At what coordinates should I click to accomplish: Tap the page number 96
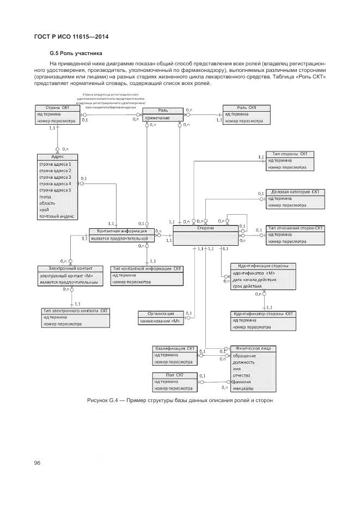coord(38,463)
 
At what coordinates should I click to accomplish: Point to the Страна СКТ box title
coord(57,108)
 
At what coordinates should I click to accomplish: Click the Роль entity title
coord(163,111)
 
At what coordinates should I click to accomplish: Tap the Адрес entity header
coord(58,156)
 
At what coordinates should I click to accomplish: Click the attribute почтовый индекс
coord(56,216)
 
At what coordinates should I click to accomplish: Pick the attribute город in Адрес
coord(45,197)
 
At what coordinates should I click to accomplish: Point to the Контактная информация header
coord(121,231)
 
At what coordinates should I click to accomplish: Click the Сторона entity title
coord(205,228)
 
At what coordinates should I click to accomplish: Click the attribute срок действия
coord(246,286)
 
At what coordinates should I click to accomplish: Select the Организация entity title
coord(162,314)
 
